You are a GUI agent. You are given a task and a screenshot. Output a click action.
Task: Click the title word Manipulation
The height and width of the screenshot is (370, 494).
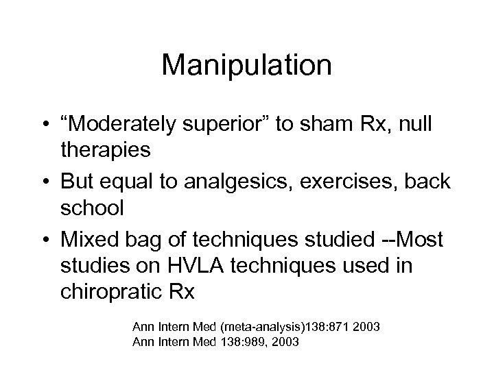(x=247, y=66)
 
